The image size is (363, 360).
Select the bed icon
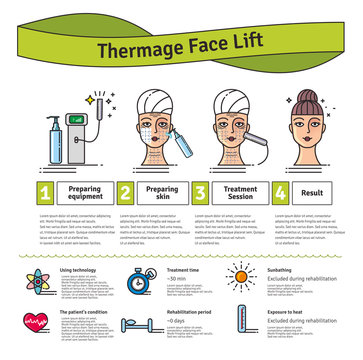pos(141,325)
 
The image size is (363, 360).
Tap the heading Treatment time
pos(188,269)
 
